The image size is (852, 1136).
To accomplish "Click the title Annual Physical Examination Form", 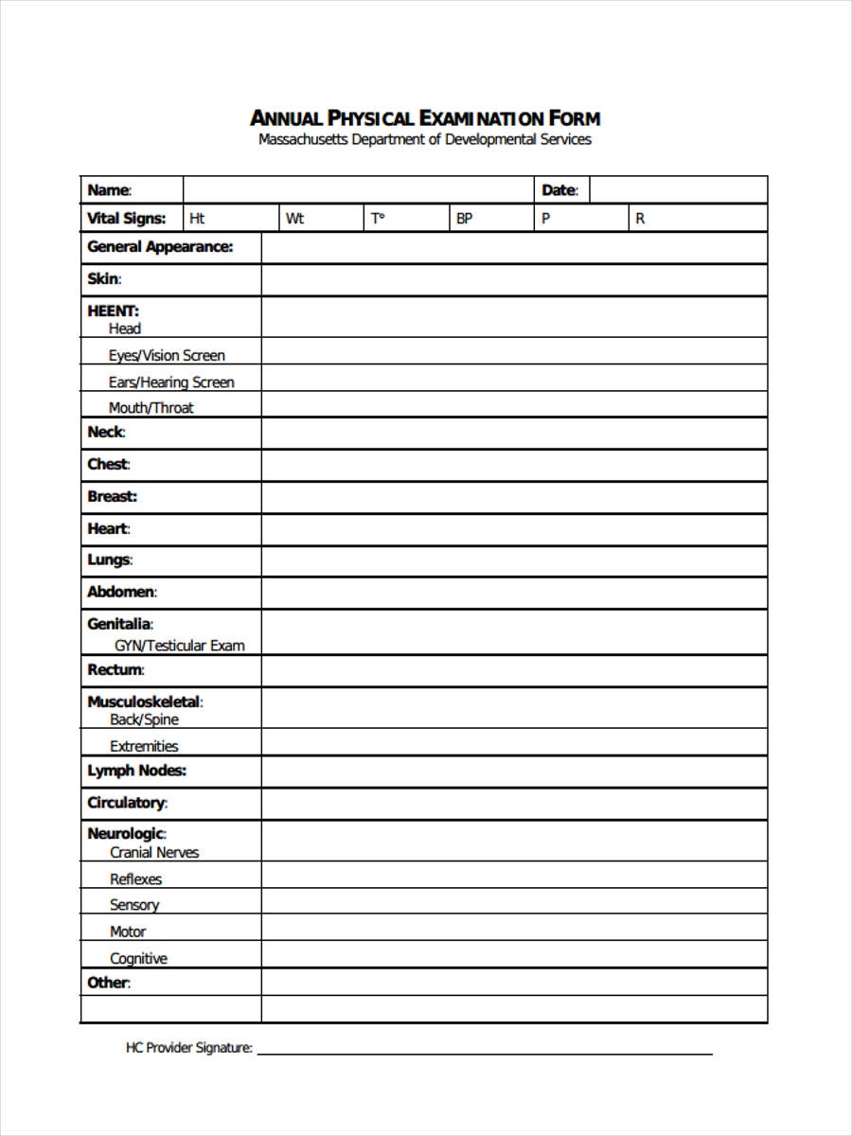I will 425,118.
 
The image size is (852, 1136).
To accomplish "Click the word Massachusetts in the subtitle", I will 302,140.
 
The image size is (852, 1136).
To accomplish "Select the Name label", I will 109,190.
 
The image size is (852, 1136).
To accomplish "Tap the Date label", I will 559,190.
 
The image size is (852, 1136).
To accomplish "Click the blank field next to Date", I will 678,190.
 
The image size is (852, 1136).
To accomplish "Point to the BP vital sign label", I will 465,219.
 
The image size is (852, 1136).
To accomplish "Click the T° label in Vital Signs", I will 379,219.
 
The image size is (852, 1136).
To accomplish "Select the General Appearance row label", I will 160,247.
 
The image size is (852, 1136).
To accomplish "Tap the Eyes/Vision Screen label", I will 167,356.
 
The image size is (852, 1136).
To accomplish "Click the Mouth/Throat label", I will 151,408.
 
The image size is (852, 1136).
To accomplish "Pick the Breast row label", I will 112,496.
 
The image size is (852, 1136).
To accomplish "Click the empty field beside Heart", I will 514,529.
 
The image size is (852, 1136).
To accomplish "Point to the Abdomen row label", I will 121,593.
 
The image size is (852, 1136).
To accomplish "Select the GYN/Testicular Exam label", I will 180,646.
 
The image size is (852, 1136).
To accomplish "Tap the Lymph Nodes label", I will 136,771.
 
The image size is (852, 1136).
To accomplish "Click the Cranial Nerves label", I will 154,852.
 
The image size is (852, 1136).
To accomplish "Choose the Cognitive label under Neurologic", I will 138,958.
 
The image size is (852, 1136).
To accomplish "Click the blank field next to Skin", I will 514,279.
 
